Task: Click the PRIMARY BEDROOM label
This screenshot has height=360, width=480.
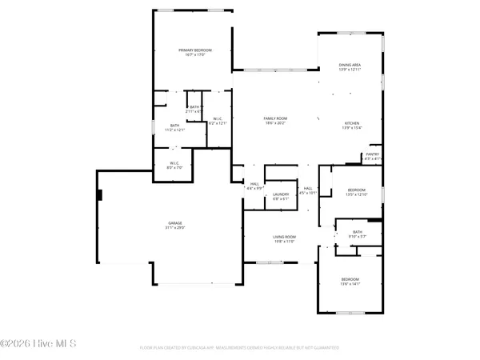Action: [193, 50]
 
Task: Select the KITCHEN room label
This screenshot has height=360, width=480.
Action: [352, 123]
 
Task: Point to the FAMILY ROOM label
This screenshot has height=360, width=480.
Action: [275, 118]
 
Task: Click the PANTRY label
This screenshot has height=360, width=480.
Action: [372, 154]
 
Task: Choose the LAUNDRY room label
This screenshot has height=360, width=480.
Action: [280, 194]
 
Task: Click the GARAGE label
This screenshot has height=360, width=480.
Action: [174, 222]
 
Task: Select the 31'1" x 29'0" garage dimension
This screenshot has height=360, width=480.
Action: [174, 227]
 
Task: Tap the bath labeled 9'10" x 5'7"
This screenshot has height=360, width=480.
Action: [356, 236]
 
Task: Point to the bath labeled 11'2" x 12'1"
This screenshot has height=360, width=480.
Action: [174, 128]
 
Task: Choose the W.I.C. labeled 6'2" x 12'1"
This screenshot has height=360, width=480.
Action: [218, 122]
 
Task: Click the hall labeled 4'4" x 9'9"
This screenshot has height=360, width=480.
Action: [254, 186]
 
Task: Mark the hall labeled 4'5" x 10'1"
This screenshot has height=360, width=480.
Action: [308, 190]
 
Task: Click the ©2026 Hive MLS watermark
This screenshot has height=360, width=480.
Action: [38, 344]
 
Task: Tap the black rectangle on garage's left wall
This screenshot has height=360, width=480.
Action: [99, 194]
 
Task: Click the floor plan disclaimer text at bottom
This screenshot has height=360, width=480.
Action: [240, 348]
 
